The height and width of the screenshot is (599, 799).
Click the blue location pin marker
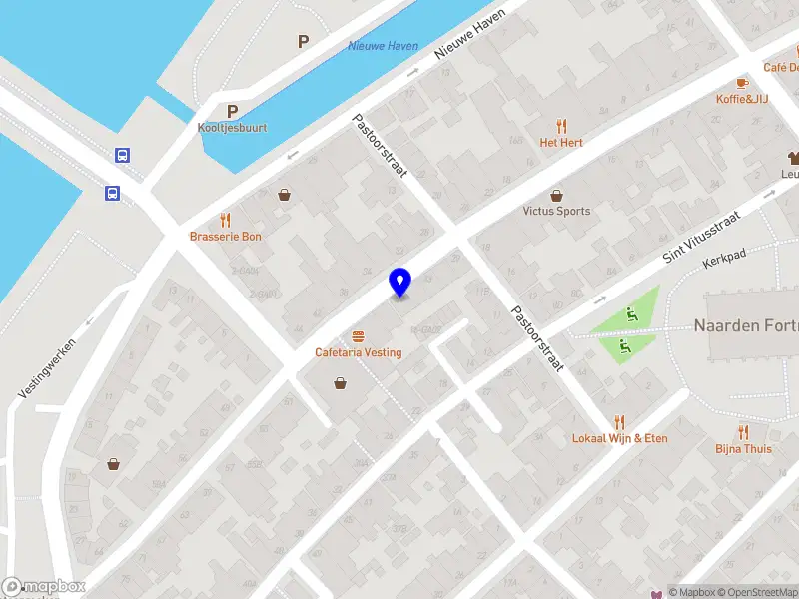click(399, 283)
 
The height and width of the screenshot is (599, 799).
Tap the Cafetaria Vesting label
click(358, 352)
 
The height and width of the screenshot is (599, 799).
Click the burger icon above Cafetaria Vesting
click(358, 335)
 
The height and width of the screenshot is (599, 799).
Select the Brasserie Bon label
click(226, 237)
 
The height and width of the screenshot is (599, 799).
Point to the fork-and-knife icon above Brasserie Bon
click(226, 220)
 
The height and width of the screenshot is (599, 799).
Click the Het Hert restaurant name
click(561, 143)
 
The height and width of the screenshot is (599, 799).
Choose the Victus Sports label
click(556, 211)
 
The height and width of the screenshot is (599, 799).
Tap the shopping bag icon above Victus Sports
click(556, 195)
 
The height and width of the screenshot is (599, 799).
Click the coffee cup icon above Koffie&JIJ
click(742, 83)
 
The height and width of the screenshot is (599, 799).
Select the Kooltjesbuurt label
click(232, 128)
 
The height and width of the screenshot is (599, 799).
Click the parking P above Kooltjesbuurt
click(232, 112)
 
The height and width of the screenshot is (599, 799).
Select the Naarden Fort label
click(745, 326)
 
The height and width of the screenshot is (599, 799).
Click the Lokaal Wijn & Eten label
click(619, 438)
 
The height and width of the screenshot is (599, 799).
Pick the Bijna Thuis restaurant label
click(743, 448)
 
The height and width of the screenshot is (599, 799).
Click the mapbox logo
click(44, 587)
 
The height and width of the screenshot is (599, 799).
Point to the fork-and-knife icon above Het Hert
click(561, 126)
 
